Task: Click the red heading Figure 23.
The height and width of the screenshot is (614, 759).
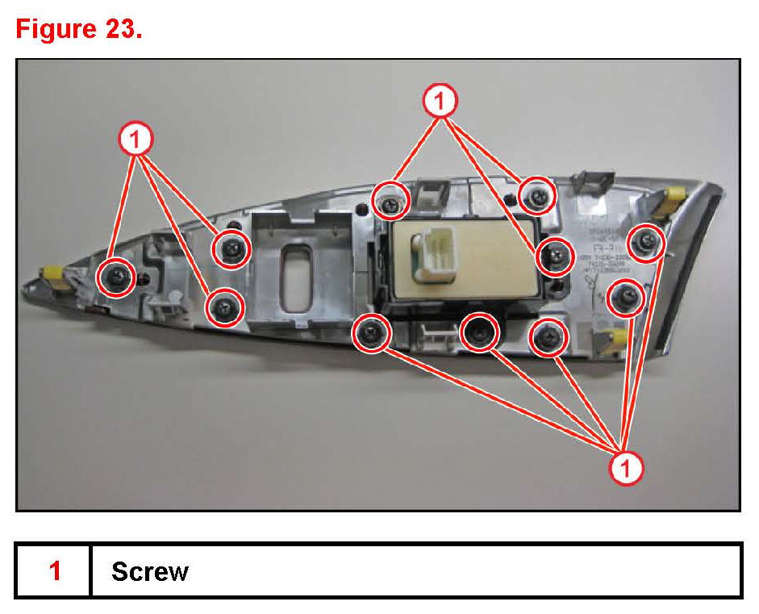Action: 79,30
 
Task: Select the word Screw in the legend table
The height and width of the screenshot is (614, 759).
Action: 150,571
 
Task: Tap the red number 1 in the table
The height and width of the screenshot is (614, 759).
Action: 55,571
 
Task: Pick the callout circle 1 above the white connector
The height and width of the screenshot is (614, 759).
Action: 440,102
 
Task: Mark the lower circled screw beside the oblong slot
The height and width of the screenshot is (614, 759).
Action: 225,307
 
